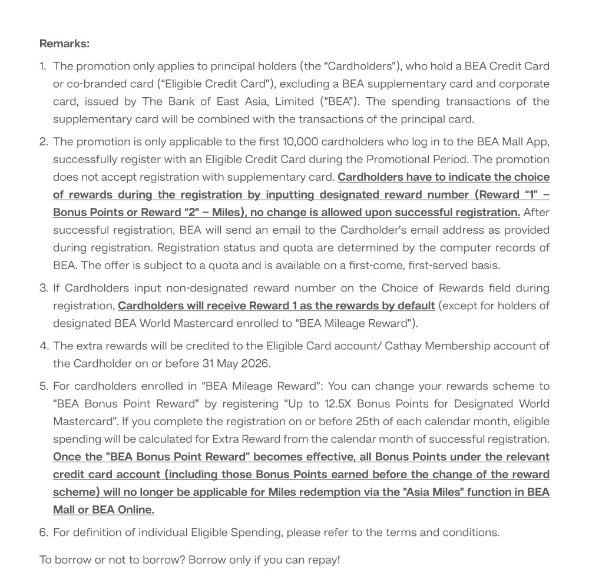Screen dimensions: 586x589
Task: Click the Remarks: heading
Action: (x=64, y=44)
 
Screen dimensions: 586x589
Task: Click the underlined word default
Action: (x=415, y=306)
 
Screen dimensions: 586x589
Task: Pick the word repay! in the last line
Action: (x=323, y=559)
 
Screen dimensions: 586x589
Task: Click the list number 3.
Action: (x=44, y=289)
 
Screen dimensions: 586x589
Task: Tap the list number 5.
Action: (x=44, y=386)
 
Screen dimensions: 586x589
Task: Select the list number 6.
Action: (x=44, y=532)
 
